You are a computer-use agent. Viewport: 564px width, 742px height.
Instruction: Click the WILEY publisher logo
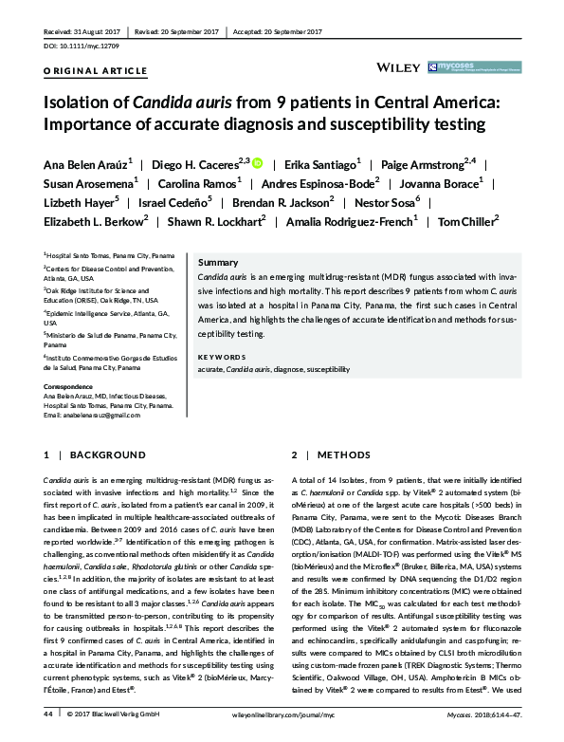(401, 67)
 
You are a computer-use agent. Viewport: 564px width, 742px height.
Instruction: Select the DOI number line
(83, 46)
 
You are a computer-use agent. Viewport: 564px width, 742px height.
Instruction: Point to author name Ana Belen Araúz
(83, 162)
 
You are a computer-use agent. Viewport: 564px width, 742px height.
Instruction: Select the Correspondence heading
(73, 387)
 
